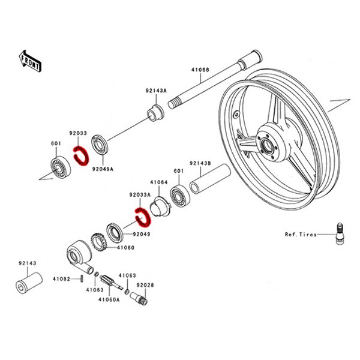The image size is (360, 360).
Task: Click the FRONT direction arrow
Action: click(x=29, y=61)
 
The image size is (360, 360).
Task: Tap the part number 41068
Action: click(x=200, y=70)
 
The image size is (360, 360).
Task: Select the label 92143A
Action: click(x=155, y=91)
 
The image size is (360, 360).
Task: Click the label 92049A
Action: click(x=103, y=169)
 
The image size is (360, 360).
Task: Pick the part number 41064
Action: click(x=159, y=181)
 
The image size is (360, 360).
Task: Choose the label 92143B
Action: click(x=200, y=163)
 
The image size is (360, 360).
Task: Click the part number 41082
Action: click(x=61, y=278)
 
